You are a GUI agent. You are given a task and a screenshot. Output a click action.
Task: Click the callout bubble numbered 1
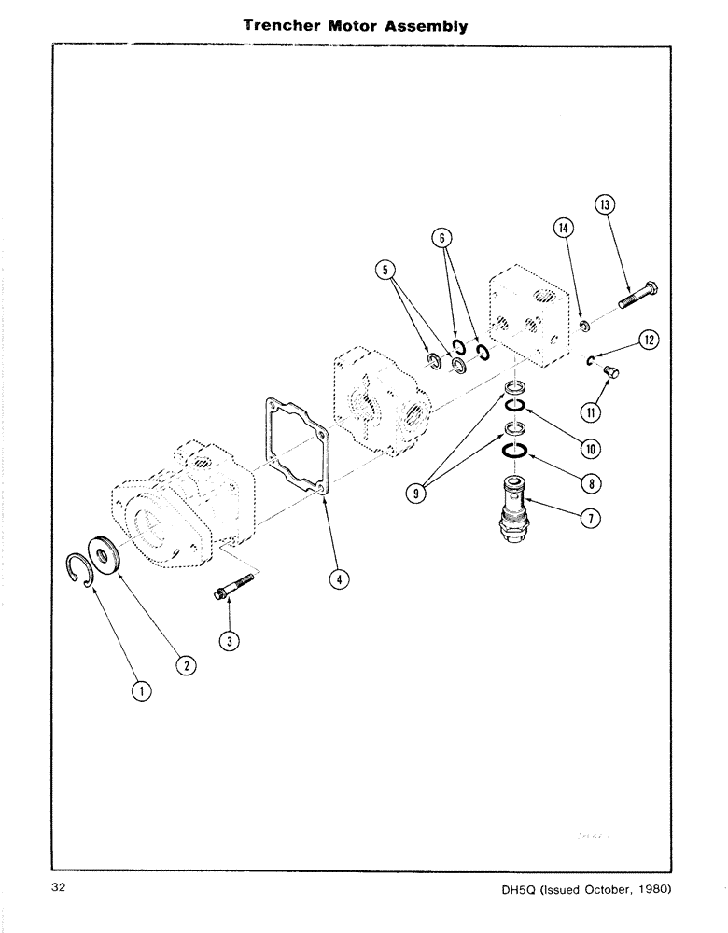[141, 690]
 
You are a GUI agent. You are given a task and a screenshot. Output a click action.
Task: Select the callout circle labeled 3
[227, 639]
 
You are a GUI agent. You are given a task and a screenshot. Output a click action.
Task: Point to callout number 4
[338, 579]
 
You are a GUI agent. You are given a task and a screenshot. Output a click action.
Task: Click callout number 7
[590, 520]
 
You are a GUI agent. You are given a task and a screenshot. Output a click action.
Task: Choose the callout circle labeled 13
[604, 205]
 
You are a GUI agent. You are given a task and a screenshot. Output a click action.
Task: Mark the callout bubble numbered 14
[563, 228]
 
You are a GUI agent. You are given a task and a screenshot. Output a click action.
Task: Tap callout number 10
[590, 448]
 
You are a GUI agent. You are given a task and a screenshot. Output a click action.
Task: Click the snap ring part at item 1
[87, 569]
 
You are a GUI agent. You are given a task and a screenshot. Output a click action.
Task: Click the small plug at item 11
[611, 373]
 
